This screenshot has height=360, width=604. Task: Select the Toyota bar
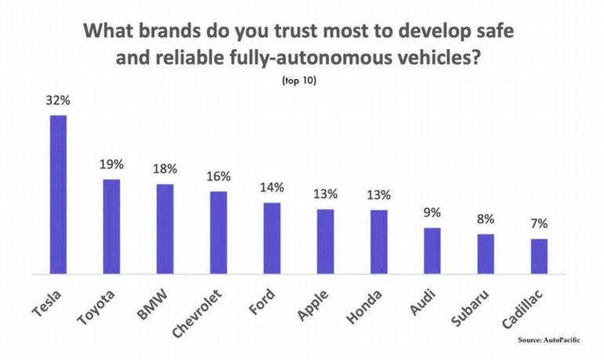111,227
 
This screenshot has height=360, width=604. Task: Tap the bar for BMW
165,229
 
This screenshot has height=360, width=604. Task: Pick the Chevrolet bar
218,232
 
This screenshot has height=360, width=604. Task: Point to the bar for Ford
271,238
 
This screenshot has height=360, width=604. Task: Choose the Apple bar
325,242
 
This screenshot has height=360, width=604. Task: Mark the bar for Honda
379,242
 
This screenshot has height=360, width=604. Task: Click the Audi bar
432,251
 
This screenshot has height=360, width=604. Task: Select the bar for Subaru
486,254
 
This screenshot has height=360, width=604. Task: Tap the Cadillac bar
539,256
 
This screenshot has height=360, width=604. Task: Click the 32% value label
58,101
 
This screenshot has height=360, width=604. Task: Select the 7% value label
539,224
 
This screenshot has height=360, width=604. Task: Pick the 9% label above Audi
432,213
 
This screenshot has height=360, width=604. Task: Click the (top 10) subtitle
301,80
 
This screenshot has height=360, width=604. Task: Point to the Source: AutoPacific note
555,340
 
